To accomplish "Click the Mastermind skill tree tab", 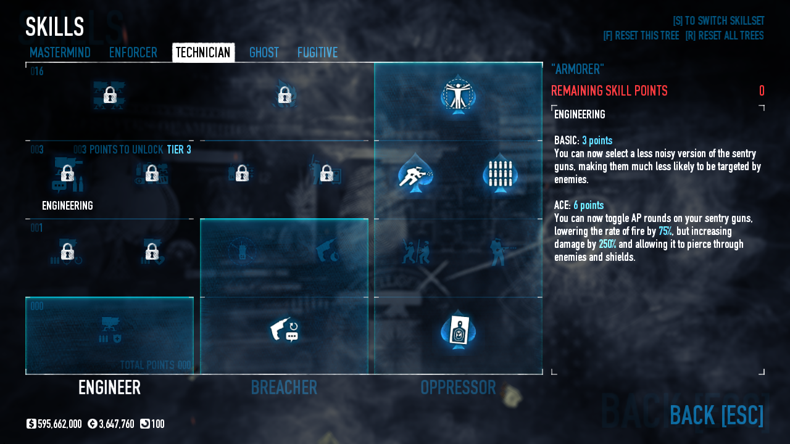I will tap(60, 52).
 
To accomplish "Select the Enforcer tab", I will tap(133, 52).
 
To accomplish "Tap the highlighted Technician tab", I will tap(203, 52).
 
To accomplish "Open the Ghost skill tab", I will tap(264, 52).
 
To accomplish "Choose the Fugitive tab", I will tap(317, 52).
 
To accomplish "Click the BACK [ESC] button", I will tap(716, 415).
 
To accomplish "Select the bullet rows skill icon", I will tap(500, 175).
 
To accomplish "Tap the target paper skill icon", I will tap(458, 331).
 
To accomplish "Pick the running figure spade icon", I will tap(415, 175).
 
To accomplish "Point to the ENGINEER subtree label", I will tap(109, 387).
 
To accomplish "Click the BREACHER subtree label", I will tap(284, 387).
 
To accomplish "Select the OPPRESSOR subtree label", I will tap(458, 387).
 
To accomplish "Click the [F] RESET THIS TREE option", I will tap(641, 36).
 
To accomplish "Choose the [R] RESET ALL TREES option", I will tap(724, 36).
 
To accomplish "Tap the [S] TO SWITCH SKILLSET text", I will tap(718, 21).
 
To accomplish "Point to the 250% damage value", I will tap(607, 244).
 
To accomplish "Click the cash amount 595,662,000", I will tap(59, 424).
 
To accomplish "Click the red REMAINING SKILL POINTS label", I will tap(609, 91).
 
